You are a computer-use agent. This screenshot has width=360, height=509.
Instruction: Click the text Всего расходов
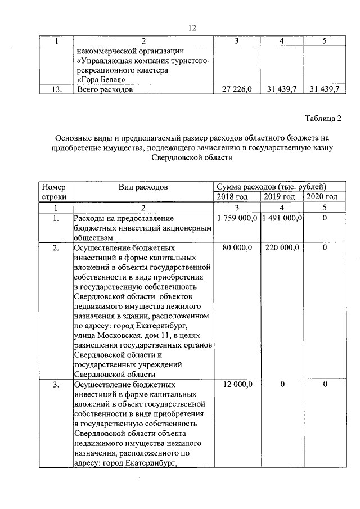coord(105,89)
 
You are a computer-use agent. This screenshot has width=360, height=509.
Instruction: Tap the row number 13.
coord(55,89)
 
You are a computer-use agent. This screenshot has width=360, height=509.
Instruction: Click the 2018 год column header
coord(238,196)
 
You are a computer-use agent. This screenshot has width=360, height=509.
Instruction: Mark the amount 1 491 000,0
coord(282,218)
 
